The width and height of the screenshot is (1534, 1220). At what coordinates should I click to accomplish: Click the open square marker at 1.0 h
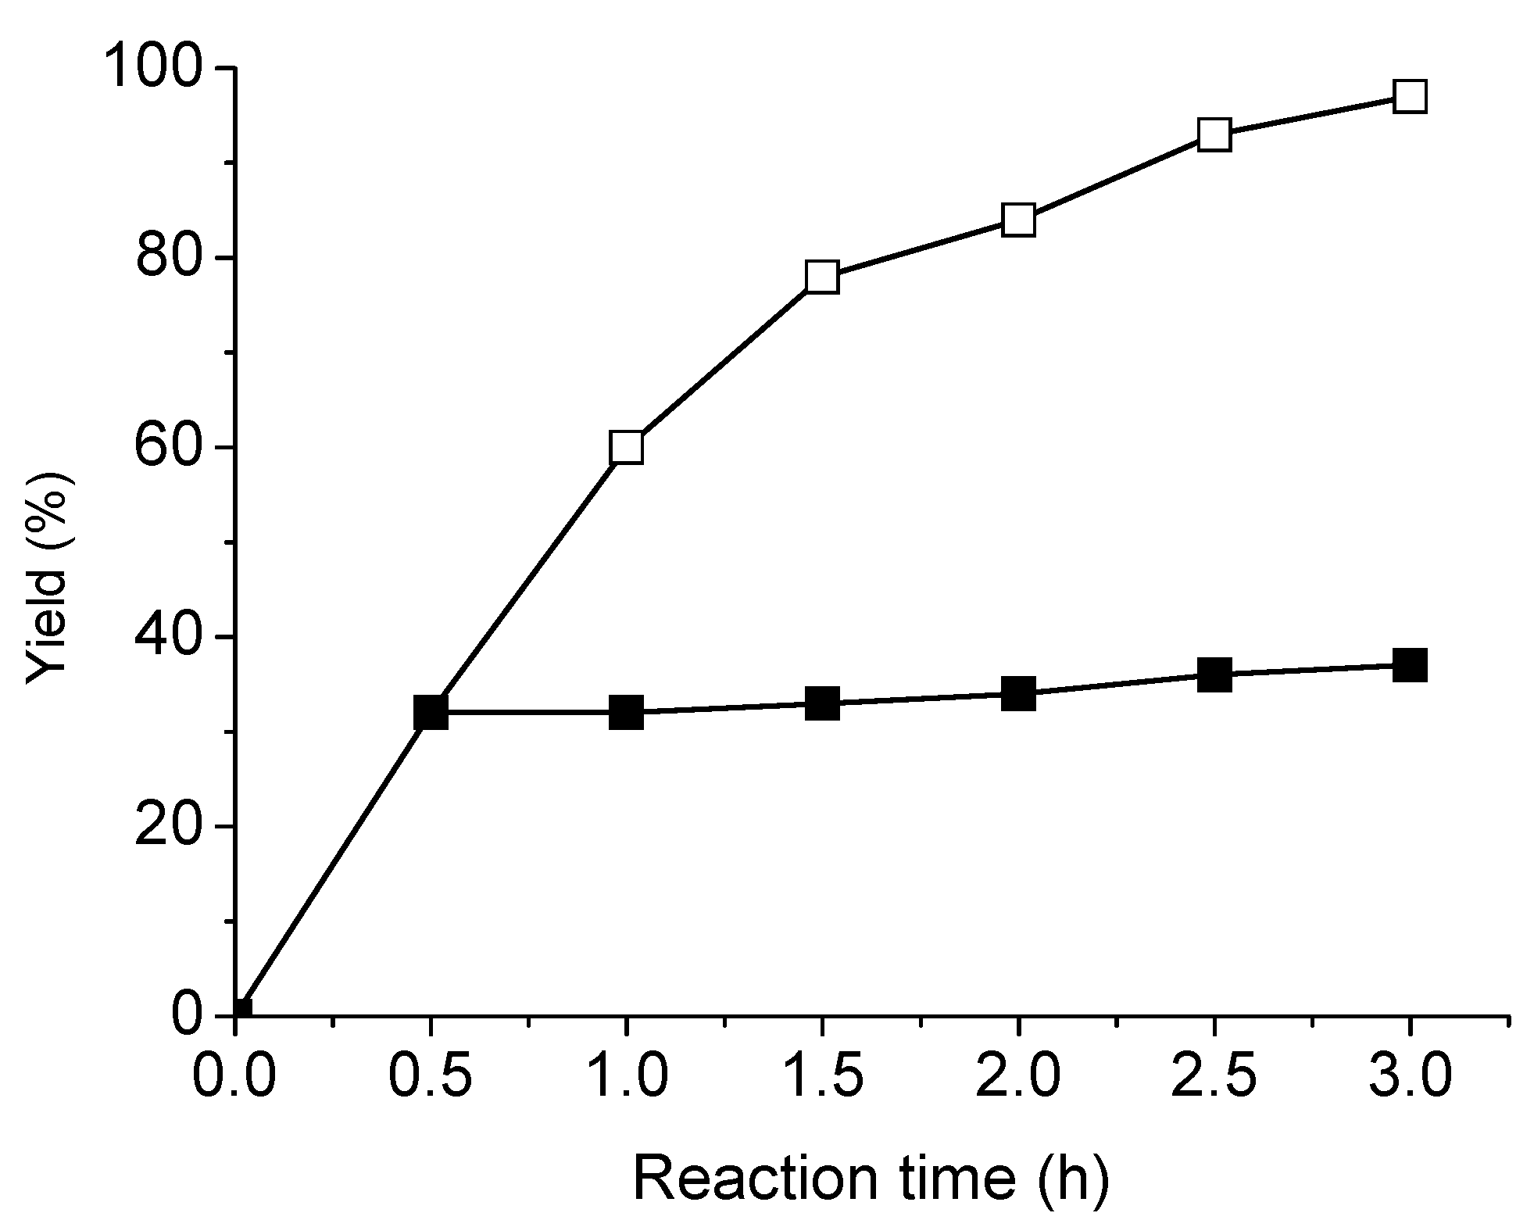coord(627,448)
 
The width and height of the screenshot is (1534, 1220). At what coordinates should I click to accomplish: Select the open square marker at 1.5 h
coord(822,277)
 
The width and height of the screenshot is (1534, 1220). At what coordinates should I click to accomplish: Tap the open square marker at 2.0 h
coord(1018,220)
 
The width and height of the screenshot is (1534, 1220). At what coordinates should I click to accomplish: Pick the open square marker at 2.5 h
coord(1214,135)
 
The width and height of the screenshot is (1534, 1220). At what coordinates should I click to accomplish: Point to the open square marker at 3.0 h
coord(1410,97)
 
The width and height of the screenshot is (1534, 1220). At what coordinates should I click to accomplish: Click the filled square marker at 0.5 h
coord(431,713)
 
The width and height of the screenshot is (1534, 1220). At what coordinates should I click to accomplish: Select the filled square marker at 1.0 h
coord(627,713)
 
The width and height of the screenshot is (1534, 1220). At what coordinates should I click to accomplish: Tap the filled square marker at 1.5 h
coord(822,703)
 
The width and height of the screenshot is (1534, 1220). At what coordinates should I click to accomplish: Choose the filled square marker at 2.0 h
coord(1018,693)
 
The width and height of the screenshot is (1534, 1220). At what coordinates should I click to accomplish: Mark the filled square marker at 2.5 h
coord(1214,674)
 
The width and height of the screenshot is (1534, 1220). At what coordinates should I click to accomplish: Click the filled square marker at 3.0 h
coord(1410,665)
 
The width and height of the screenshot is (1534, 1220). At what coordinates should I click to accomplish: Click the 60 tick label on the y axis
coord(173,448)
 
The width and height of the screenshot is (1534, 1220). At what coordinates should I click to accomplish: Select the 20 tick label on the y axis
coord(173,827)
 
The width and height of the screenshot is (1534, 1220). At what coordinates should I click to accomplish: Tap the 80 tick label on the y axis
coord(173,258)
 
